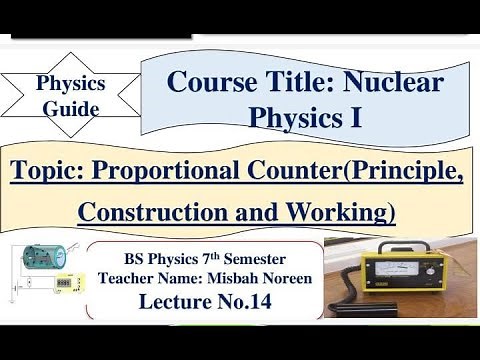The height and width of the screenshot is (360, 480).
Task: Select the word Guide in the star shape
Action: (69, 108)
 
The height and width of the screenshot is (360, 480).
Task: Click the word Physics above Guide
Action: (69, 84)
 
